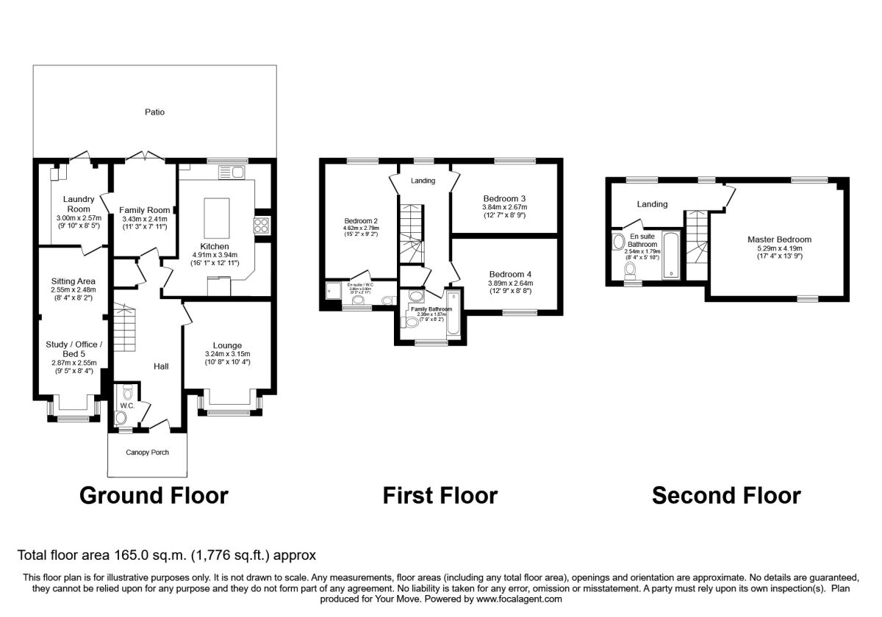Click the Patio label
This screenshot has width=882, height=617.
[154, 112]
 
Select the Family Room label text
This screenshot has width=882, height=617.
[145, 210]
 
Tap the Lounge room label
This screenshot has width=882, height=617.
[227, 345]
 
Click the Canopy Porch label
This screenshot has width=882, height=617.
[146, 452]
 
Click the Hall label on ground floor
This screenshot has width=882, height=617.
[162, 366]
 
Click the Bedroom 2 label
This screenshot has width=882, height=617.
[361, 220]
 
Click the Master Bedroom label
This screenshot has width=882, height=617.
[779, 239]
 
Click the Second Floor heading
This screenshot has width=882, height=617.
[726, 496]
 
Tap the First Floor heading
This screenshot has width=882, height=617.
[440, 496]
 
